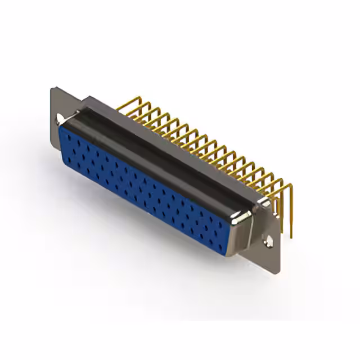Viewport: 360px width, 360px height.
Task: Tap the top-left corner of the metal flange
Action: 52,88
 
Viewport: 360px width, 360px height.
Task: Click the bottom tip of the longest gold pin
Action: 291,236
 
